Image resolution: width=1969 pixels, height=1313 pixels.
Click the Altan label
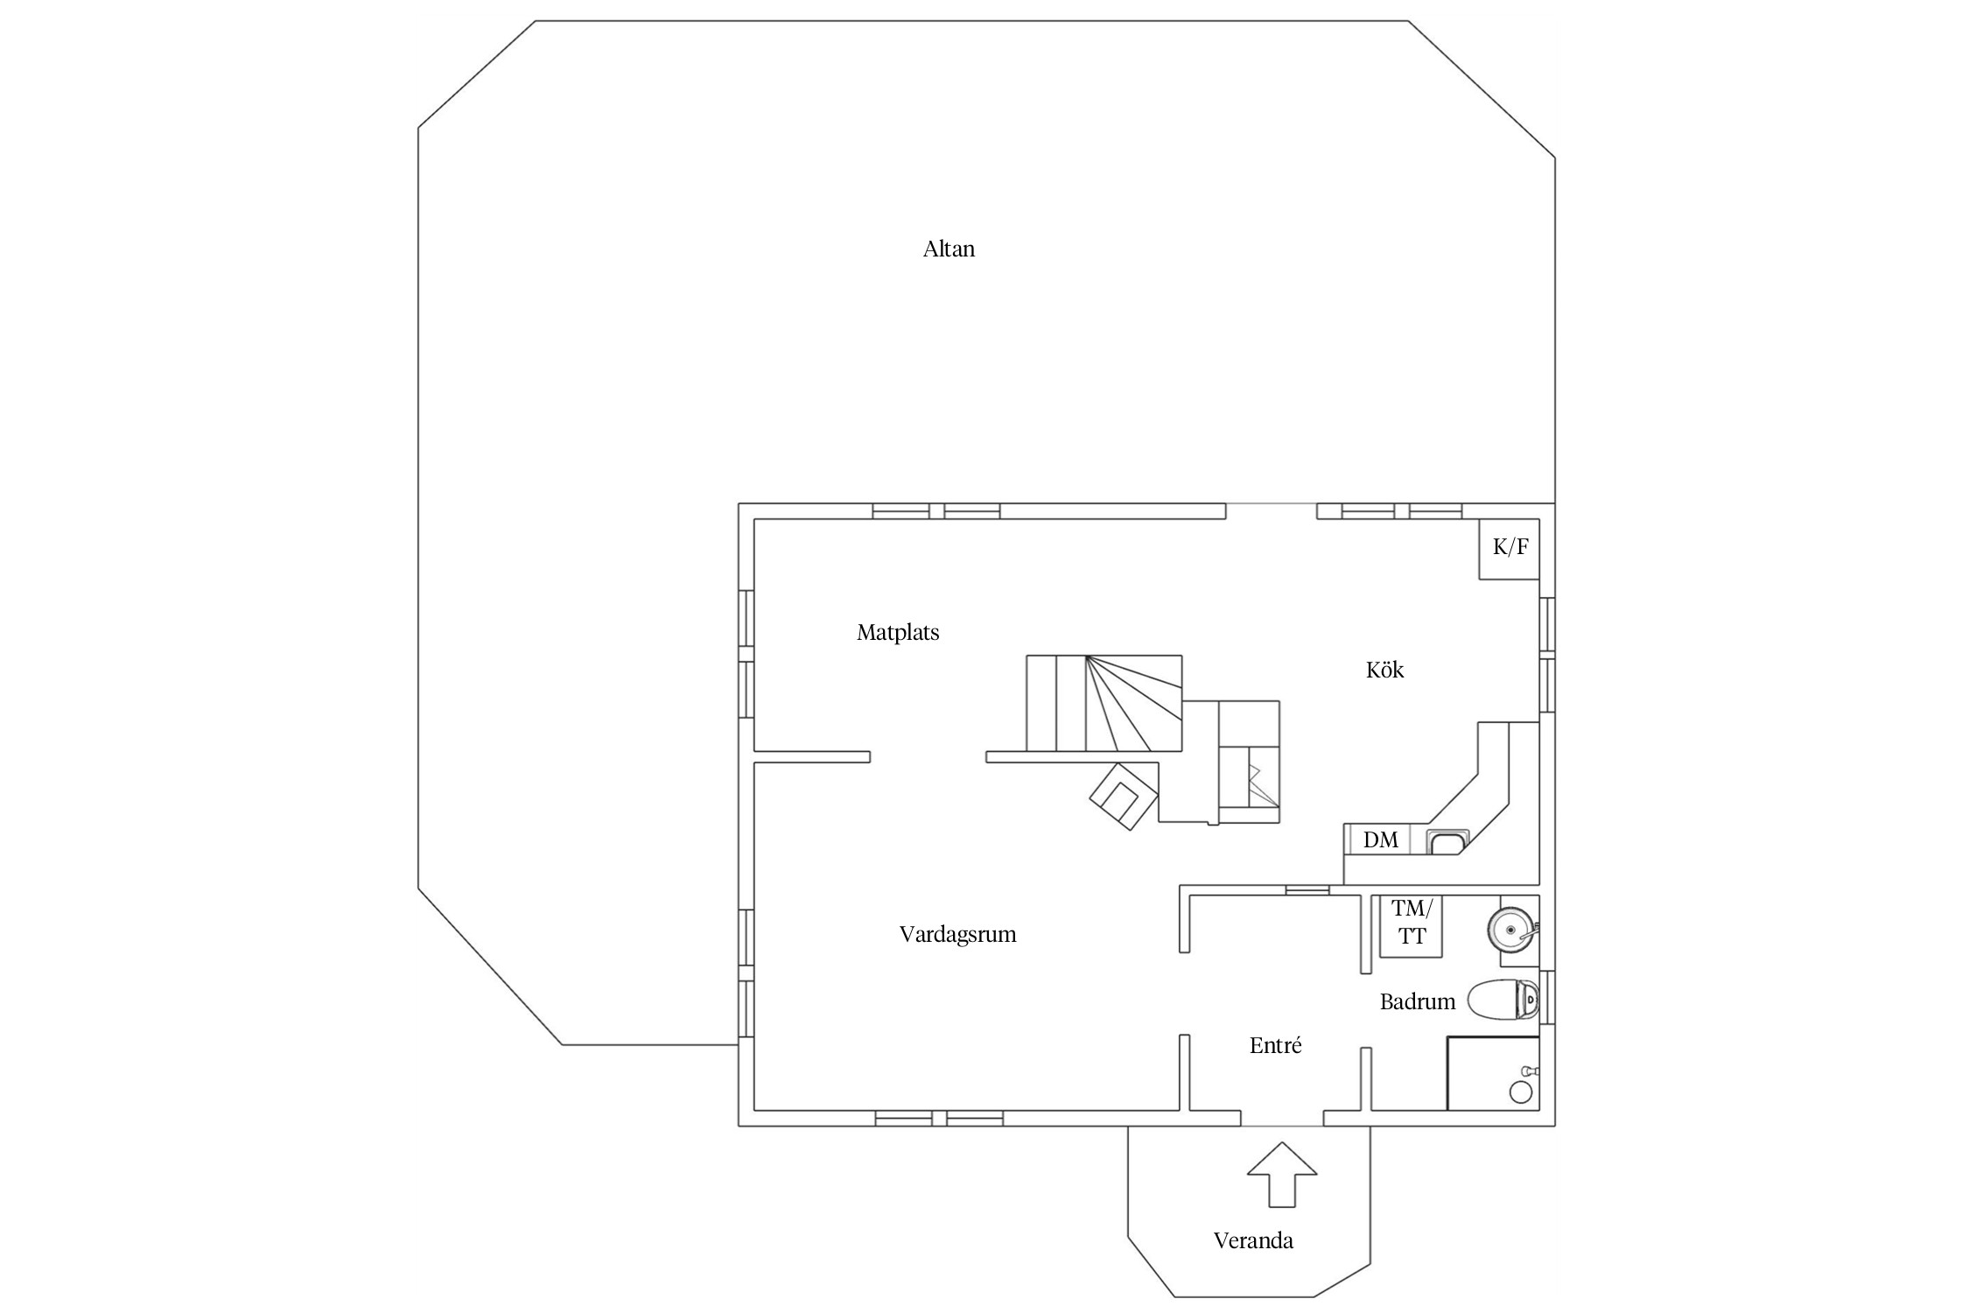coord(949,249)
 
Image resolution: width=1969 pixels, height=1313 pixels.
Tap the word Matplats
coord(898,633)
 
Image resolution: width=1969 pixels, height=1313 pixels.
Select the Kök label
coord(1384,671)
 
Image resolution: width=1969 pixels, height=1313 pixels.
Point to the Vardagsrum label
coord(957,935)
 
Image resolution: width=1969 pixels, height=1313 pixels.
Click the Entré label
coord(1275,1046)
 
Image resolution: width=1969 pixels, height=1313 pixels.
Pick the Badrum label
coord(1417,1002)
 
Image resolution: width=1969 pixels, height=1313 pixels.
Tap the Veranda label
coord(1253,1241)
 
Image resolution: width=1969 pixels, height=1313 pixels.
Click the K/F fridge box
coord(1510,549)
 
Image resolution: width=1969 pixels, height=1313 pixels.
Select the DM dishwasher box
coord(1381,840)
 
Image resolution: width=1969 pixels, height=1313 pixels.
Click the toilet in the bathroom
coord(1503,1000)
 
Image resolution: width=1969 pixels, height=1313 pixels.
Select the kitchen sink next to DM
coord(1447,843)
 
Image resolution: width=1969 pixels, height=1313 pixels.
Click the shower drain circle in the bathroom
coord(1521,1092)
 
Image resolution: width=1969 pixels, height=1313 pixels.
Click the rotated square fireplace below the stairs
coord(1124,796)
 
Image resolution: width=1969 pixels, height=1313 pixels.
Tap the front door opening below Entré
coord(1282,1125)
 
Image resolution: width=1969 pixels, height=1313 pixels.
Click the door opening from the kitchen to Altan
coord(1271,505)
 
